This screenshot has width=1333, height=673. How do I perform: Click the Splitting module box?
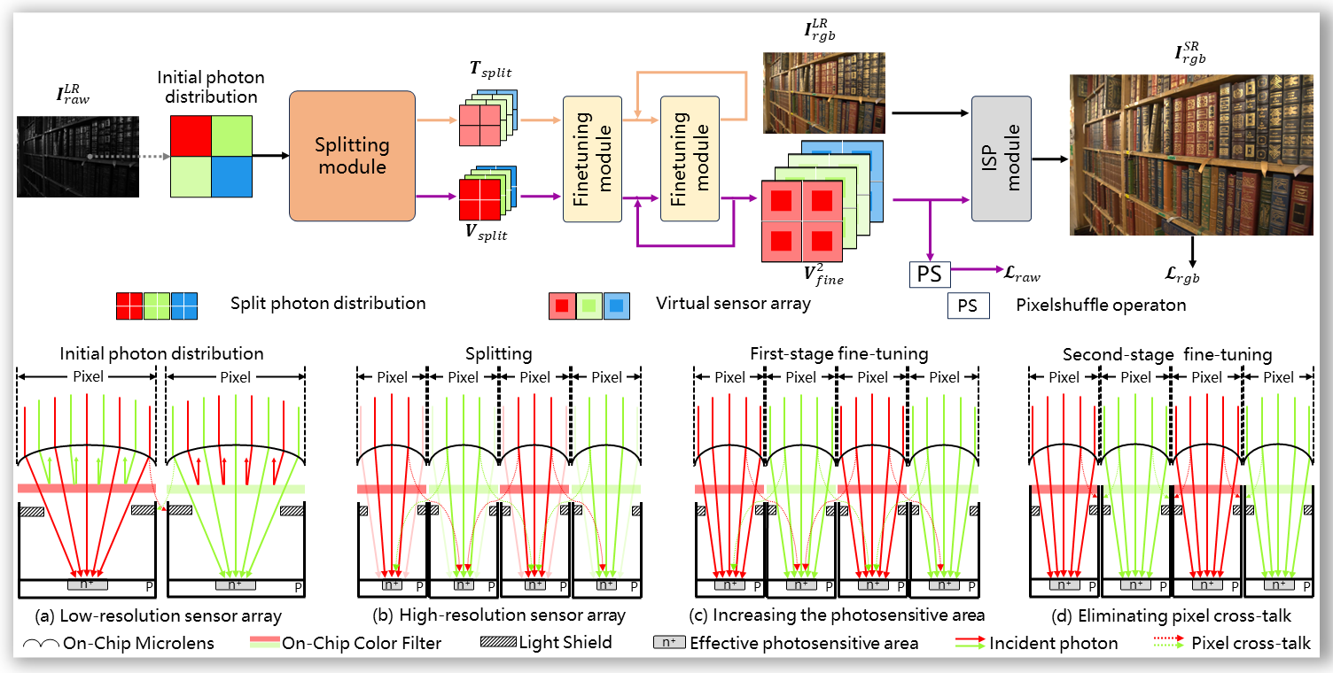pyautogui.click(x=352, y=155)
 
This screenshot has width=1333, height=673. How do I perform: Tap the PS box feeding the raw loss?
pyautogui.click(x=929, y=275)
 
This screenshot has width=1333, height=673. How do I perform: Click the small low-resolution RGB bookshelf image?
pyautogui.click(x=824, y=93)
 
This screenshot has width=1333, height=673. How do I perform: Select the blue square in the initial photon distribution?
pyautogui.click(x=231, y=174)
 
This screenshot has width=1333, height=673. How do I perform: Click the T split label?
pyautogui.click(x=489, y=72)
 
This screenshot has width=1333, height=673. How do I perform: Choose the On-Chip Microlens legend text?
pyautogui.click(x=138, y=644)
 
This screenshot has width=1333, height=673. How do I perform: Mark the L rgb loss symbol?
pyautogui.click(x=1191, y=276)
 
